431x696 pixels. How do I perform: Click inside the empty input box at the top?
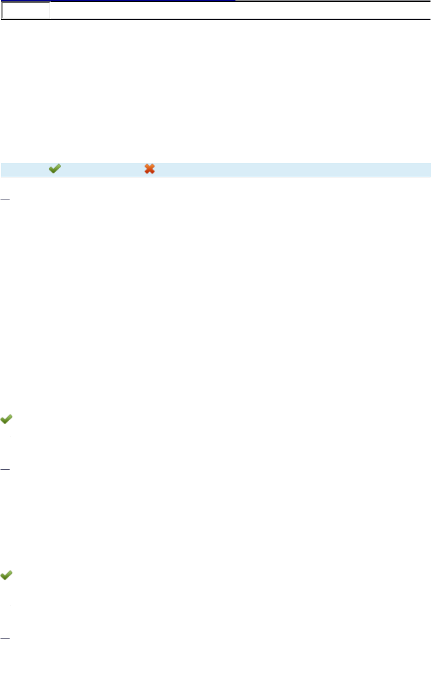pos(26,10)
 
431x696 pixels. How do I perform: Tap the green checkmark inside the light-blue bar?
pos(55,169)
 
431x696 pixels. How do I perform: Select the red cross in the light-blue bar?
pos(150,169)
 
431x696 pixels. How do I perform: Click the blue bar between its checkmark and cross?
pos(101,169)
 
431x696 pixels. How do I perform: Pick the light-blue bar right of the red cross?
pos(288,169)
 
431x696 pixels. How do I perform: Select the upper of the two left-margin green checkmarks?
pos(7,419)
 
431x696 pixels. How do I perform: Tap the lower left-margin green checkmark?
pos(7,575)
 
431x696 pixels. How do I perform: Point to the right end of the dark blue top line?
pos(234,1)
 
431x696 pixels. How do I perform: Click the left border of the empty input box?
pos(2,10)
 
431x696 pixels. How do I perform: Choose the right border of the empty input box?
pos(50,10)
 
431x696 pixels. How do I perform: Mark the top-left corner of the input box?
pos(2,3)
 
